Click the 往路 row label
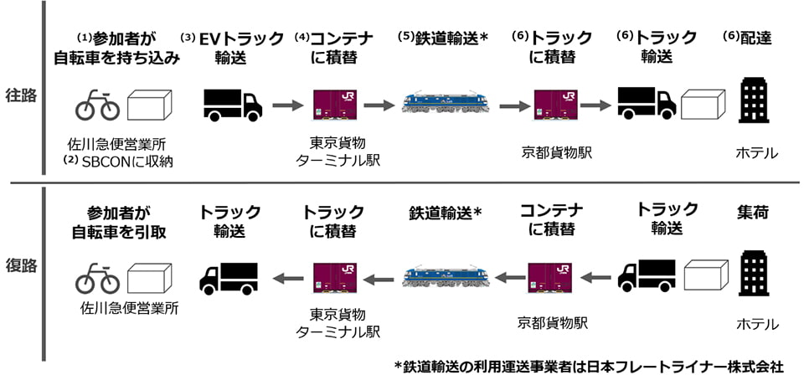coord(21,95)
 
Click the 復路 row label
coord(21,266)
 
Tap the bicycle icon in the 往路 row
coord(97,105)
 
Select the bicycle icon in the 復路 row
coord(97,278)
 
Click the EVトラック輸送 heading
coord(234,47)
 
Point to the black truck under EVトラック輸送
coord(233,105)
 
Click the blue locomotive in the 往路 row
coord(445,102)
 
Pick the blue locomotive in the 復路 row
coord(445,275)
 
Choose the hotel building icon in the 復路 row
coord(753,274)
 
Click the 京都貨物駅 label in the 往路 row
coord(556,151)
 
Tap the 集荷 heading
coord(753,212)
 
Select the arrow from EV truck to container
coord(289,105)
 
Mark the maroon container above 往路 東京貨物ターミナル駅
coord(336,105)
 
